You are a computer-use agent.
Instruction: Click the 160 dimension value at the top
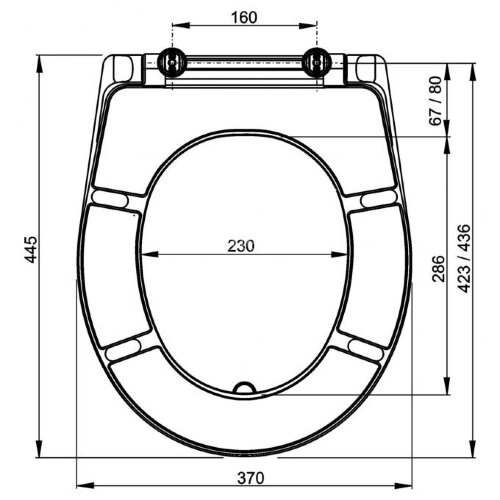tap(244, 17)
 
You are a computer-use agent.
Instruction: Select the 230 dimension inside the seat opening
tap(244, 244)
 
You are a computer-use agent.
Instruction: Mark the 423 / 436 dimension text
tap(462, 258)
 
